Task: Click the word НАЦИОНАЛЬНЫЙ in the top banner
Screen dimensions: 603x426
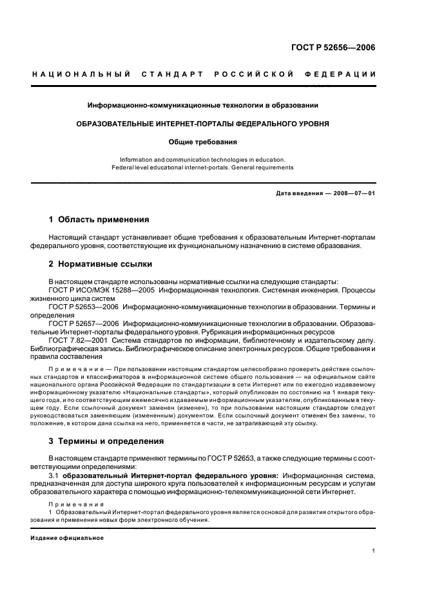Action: (82, 75)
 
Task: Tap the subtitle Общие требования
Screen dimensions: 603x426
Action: (203, 142)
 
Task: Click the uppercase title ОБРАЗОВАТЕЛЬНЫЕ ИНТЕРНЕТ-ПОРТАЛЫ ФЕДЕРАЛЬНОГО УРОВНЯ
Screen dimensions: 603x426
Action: (203, 123)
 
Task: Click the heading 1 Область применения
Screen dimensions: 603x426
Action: (99, 220)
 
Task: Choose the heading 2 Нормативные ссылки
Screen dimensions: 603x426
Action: (101, 264)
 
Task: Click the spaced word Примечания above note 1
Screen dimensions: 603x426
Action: (72, 503)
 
